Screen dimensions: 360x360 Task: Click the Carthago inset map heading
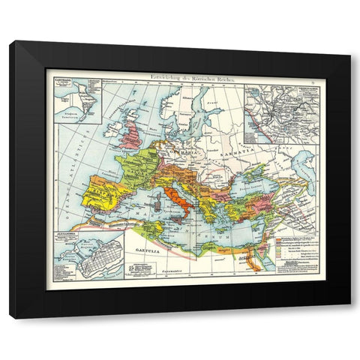[58, 78]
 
